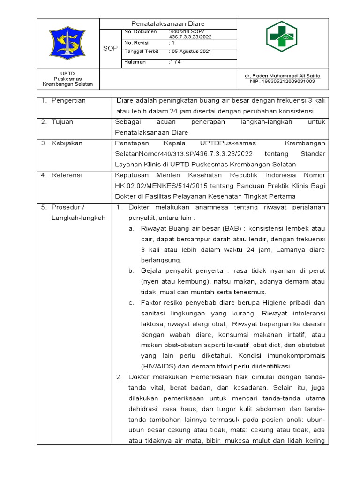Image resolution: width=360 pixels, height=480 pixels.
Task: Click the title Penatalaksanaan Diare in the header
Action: pyautogui.click(x=168, y=23)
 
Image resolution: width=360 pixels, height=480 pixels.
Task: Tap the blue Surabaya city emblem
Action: pyautogui.click(x=68, y=43)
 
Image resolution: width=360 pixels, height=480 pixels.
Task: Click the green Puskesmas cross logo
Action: pyautogui.click(x=282, y=36)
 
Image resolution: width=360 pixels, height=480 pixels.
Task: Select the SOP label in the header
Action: pyautogui.click(x=110, y=48)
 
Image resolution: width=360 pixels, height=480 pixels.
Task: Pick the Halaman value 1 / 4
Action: pyautogui.click(x=174, y=62)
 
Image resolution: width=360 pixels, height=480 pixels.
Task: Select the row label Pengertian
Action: pyautogui.click(x=68, y=100)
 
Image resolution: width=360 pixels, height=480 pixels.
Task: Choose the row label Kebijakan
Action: pyautogui.click(x=67, y=143)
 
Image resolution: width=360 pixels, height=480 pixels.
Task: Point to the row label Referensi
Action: pyautogui.click(x=67, y=175)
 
